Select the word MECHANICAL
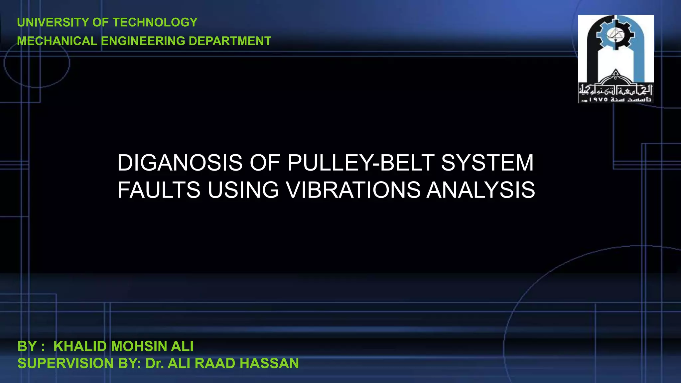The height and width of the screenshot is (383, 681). pos(57,41)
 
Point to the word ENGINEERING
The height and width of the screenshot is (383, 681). pos(143,41)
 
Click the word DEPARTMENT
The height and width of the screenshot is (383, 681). pos(230,41)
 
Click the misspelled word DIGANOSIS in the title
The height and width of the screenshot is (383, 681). pos(180,163)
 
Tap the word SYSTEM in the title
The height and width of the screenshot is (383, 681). pos(487,163)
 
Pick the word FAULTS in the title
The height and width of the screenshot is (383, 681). pos(159,190)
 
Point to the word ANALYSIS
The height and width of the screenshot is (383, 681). pos(481,190)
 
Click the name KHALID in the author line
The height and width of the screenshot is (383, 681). pos(80,346)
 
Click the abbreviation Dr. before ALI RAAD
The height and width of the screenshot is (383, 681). pos(155,363)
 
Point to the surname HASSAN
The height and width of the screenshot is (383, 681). pos(269,363)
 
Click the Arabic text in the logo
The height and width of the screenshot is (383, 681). pos(615,90)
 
